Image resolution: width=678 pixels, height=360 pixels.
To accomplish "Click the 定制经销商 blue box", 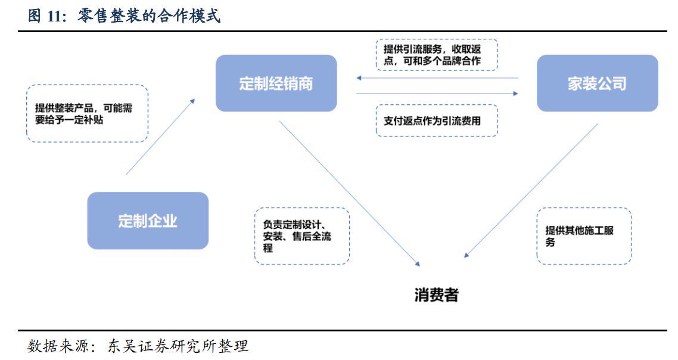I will pos(276,83).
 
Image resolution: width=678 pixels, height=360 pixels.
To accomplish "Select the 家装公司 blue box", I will pos(597,83).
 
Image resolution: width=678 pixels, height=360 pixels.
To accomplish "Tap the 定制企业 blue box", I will pos(148,221).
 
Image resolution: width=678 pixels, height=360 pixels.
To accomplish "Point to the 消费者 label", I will pos(437,294).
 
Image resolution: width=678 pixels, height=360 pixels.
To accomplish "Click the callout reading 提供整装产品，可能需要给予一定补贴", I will pos(87,113).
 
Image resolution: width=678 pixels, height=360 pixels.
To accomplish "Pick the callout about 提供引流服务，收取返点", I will pos(437,55).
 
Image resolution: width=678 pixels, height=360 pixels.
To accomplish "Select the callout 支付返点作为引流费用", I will pos(437,120).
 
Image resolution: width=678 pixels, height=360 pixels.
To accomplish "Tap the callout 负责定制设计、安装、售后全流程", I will pos(301,236).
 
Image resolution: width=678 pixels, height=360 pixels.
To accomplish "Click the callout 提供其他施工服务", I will pos(583,236).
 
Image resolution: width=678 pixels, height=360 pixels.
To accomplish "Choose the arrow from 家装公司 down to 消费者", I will pos(531,191).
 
